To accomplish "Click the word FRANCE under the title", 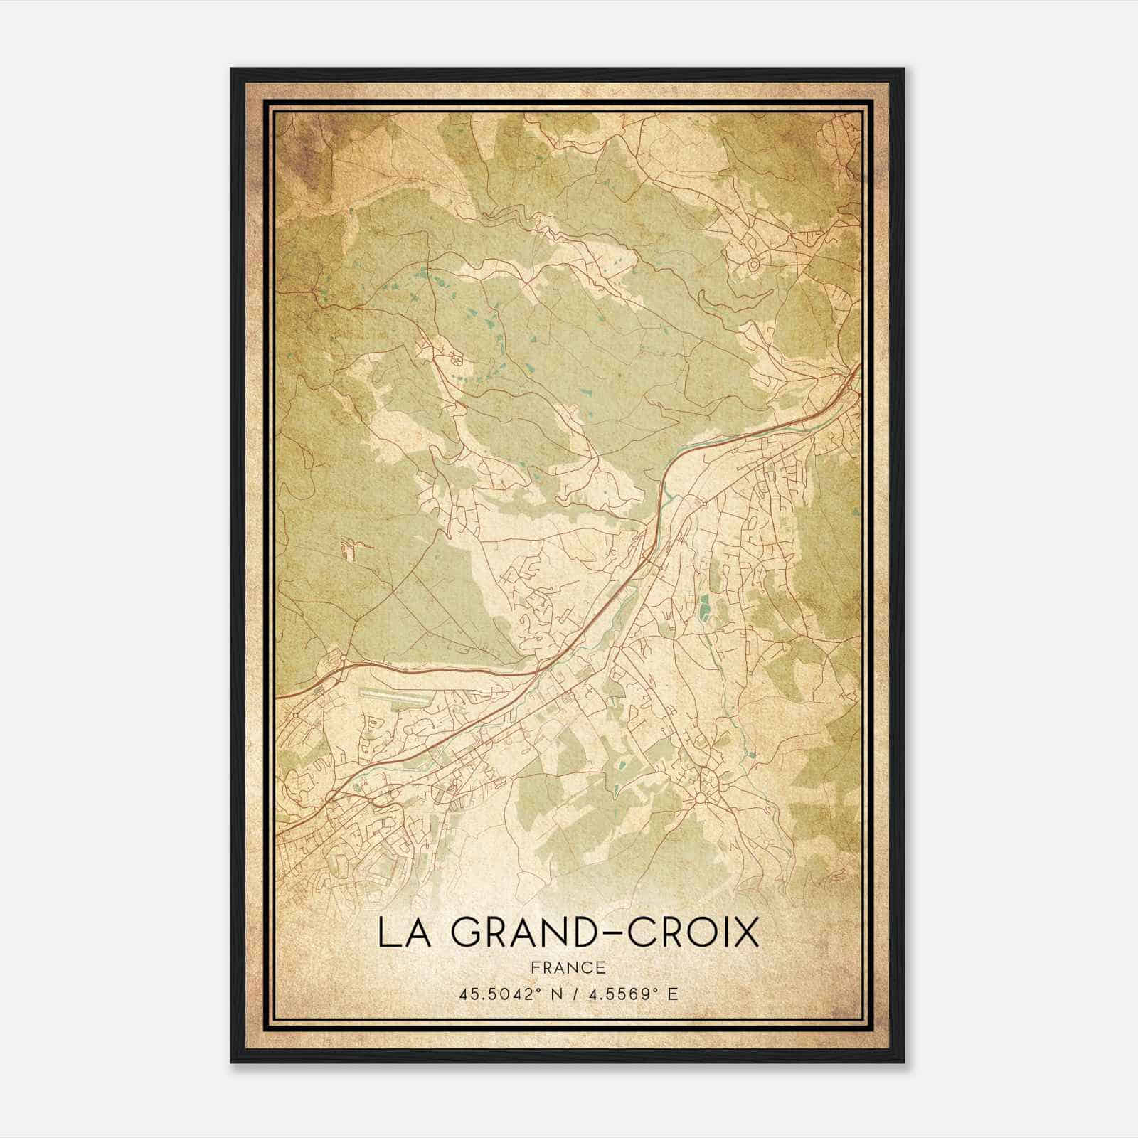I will pos(568,967).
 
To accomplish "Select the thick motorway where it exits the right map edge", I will pos(857,370).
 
